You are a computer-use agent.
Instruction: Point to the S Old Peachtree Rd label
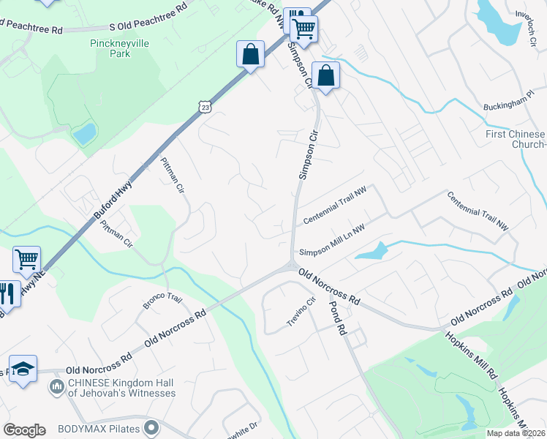point(148,26)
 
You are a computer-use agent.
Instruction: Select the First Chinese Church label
point(516,139)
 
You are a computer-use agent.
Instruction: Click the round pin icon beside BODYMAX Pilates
point(152,427)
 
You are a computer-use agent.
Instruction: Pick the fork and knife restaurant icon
point(7,294)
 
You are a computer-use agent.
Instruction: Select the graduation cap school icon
point(23,367)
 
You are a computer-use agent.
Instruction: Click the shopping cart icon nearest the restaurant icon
point(26,258)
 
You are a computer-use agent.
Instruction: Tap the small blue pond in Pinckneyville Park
point(84,134)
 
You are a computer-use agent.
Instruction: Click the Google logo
point(24,429)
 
